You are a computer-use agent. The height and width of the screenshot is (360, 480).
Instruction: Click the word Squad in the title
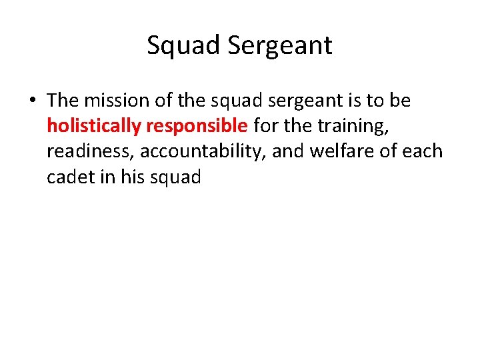pyautogui.click(x=183, y=46)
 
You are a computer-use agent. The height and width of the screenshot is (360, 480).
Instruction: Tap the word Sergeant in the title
pyautogui.click(x=280, y=46)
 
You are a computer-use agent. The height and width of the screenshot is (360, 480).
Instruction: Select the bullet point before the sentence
pyautogui.click(x=33, y=101)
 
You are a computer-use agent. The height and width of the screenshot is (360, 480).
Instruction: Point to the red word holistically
pyautogui.click(x=92, y=126)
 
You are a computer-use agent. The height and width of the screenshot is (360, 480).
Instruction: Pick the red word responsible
pyautogui.click(x=195, y=126)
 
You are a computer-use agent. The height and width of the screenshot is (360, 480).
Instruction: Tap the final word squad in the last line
pyautogui.click(x=176, y=177)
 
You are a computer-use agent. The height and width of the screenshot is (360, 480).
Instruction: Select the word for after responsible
pyautogui.click(x=265, y=126)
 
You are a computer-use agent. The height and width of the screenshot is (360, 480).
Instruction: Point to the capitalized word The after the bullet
pyautogui.click(x=63, y=101)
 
